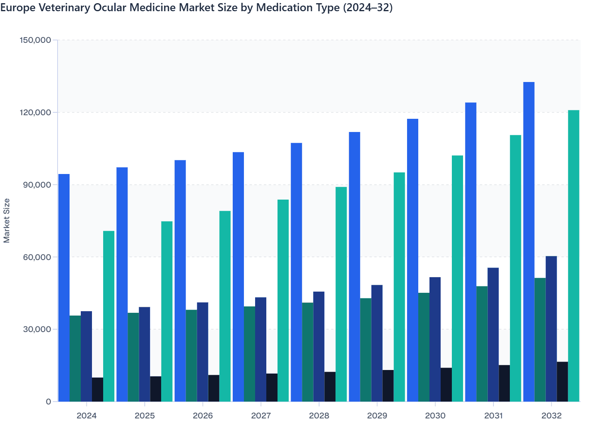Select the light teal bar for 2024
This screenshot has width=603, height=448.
pyautogui.click(x=109, y=316)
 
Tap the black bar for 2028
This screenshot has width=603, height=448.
pyautogui.click(x=330, y=386)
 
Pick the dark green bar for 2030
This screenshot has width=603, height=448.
pyautogui.click(x=424, y=347)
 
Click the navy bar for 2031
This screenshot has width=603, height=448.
pyautogui.click(x=493, y=334)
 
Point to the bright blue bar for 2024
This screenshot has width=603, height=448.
pyautogui.click(x=64, y=288)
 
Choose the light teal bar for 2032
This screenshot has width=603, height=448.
pyautogui.click(x=573, y=256)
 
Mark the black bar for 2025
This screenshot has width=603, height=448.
pyautogui.click(x=156, y=389)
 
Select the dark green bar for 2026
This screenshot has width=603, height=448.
pyautogui.click(x=192, y=356)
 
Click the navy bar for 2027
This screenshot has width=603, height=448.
pyautogui.click(x=261, y=349)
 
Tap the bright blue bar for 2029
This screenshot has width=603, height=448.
pyautogui.click(x=354, y=266)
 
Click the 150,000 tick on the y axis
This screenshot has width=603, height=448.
pyautogui.click(x=35, y=40)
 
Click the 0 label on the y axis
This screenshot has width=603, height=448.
pyautogui.click(x=48, y=402)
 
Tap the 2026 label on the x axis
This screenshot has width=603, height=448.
pyautogui.click(x=203, y=416)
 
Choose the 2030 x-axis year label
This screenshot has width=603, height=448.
pyautogui.click(x=435, y=416)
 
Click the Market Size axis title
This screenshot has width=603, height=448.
pyautogui.click(x=7, y=220)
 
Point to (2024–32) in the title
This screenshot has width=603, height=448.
pyautogui.click(x=367, y=8)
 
